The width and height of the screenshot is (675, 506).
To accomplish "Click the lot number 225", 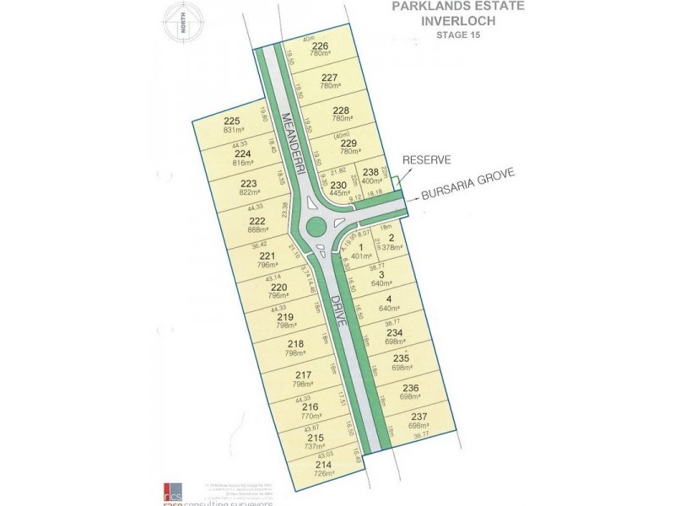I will (x=232, y=121).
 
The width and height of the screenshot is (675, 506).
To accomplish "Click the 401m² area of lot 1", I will (x=361, y=256).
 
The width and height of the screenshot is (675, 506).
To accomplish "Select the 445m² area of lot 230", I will (x=337, y=193).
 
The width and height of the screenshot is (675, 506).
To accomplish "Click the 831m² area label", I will (x=233, y=130).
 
